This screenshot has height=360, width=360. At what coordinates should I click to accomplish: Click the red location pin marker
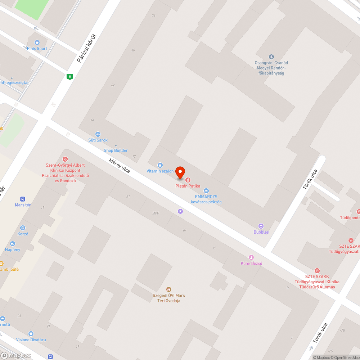click(x=180, y=173)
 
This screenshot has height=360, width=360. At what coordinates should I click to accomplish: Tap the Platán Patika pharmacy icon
click(x=188, y=180)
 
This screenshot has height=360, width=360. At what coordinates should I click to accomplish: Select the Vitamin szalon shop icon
click(x=160, y=165)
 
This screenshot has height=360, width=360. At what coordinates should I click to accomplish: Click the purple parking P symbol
click(x=180, y=212)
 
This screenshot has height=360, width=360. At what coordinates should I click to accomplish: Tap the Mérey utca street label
click(x=120, y=165)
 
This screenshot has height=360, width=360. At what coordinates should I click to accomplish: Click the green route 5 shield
click(x=70, y=76)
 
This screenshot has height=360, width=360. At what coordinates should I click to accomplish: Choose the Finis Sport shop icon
click(x=37, y=42)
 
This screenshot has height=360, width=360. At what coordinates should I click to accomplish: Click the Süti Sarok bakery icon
click(x=98, y=134)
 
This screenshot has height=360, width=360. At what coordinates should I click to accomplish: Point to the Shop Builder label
click(x=116, y=150)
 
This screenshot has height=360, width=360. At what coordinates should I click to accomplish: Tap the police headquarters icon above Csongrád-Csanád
click(x=271, y=57)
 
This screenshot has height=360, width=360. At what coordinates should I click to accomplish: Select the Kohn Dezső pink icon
click(x=251, y=257)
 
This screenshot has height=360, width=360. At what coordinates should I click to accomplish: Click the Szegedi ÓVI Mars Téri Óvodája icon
click(x=168, y=289)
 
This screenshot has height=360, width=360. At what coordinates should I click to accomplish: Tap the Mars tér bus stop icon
click(x=23, y=199)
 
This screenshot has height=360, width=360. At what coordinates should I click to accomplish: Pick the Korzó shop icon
click(x=23, y=228)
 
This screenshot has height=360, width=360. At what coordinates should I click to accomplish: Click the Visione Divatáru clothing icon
click(x=31, y=334)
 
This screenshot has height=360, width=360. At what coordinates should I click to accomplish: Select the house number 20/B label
click(x=156, y=213)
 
